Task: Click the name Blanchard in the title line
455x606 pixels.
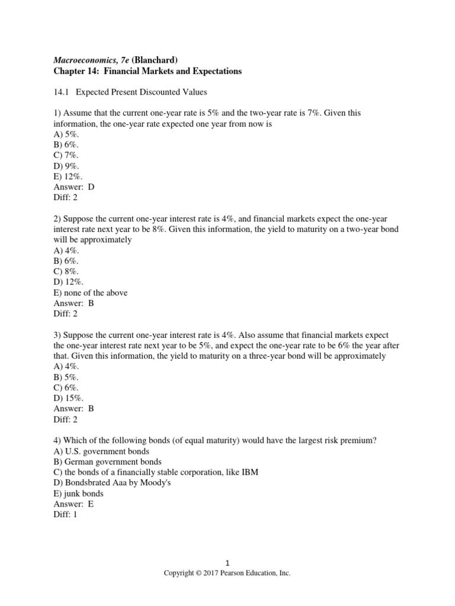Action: pos(155,59)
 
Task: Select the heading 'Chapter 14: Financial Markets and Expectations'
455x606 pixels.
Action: pos(148,71)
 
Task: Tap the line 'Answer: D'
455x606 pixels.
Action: pos(74,187)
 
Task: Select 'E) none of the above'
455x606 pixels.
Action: pos(90,292)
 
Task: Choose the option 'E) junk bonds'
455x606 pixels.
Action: pos(78,494)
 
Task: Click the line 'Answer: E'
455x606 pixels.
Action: pos(73,504)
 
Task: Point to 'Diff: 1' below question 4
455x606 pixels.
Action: pos(65,515)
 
